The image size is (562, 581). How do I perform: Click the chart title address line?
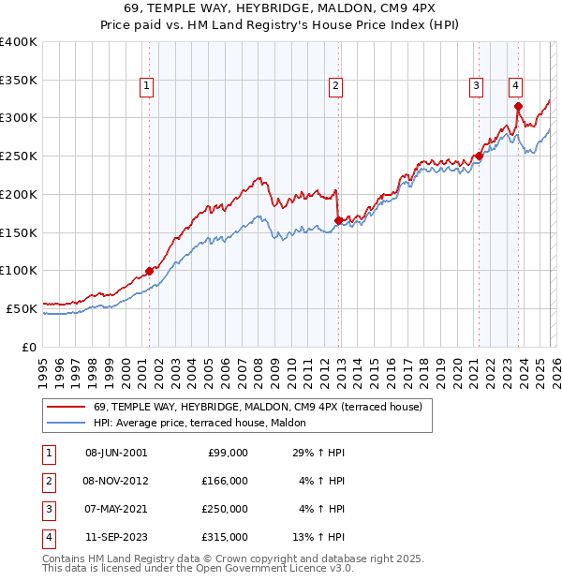281,8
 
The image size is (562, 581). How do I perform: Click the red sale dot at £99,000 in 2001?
149,271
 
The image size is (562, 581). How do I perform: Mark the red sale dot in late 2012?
338,220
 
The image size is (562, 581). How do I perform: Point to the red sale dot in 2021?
479,156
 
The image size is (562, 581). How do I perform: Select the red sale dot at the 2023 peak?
518,107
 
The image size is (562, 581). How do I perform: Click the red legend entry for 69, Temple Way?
258,408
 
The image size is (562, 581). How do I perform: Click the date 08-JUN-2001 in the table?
115,453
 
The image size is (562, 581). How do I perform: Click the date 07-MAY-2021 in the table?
115,509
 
